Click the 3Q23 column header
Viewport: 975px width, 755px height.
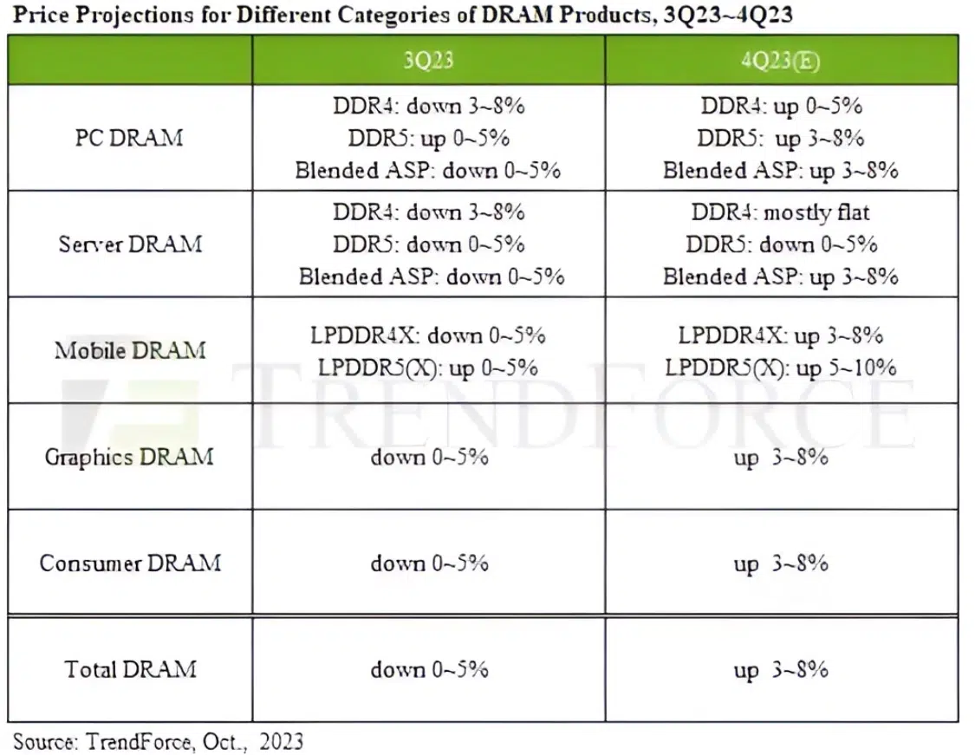point(428,61)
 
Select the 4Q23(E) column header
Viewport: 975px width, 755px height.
point(780,61)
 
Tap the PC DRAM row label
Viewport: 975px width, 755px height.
point(129,138)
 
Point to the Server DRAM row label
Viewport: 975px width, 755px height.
point(130,244)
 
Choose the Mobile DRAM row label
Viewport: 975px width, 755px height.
point(130,350)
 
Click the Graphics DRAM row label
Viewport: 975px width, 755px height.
point(129,457)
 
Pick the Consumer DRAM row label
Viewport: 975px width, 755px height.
point(130,563)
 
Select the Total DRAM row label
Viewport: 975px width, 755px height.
point(130,669)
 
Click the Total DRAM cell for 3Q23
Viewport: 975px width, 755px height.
point(429,670)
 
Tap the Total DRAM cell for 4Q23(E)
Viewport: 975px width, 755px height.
point(781,670)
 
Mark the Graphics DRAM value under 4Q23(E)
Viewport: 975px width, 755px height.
point(781,458)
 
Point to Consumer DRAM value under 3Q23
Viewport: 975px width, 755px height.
point(429,563)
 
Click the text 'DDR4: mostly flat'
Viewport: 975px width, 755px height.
point(780,212)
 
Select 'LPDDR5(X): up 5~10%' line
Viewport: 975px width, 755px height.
point(780,368)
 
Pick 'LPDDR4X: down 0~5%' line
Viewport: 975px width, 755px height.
point(428,335)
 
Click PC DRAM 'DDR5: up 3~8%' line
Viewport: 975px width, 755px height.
point(780,138)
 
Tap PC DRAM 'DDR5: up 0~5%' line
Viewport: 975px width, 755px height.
point(428,138)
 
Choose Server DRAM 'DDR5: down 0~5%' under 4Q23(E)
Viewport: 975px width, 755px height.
point(781,244)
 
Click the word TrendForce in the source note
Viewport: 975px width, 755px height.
point(139,741)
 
